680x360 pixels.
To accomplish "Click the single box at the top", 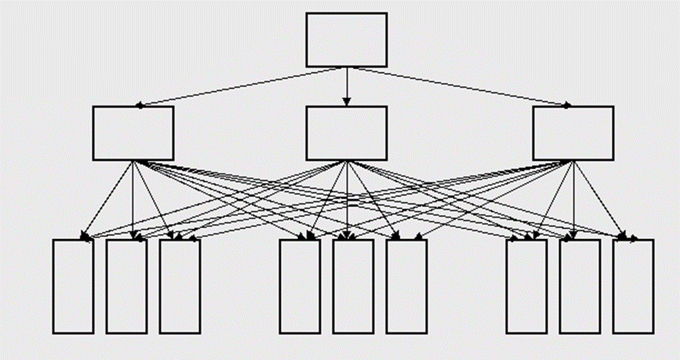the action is pos(346,40).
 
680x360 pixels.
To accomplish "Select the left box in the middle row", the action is pos(134,133).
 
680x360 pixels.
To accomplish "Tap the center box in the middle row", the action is pos(346,133).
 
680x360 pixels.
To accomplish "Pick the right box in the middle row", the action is pos(573,133).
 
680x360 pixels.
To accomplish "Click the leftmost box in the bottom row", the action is pos(73,286).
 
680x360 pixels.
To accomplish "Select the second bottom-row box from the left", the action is pos(127,286).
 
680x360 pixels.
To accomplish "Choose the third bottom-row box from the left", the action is pos(179,286).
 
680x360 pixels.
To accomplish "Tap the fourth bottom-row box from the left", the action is pos(299,286).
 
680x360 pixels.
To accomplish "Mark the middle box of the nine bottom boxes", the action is pos(353,286).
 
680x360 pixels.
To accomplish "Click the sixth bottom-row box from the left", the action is pos(406,286).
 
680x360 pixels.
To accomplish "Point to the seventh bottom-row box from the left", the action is pos(526,286).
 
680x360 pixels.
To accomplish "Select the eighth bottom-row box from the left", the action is pos(580,286).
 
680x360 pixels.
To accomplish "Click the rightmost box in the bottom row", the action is pos(633,286).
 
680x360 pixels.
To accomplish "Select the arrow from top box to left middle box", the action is pos(242,86).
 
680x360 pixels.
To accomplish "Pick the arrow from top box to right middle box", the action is pos(459,86).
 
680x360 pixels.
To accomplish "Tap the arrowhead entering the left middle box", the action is pos(140,105).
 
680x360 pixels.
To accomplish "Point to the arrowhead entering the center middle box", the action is pos(346,102).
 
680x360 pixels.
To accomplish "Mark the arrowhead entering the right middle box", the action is pos(567,105).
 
